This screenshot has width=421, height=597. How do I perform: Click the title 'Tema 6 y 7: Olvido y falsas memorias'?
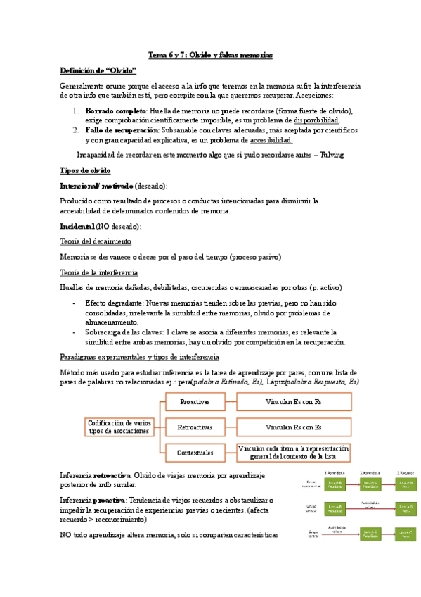210,54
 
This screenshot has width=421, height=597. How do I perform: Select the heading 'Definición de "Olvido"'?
98,70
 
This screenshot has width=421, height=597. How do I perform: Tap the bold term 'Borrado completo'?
115,111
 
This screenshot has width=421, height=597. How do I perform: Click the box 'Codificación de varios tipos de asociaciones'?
119,427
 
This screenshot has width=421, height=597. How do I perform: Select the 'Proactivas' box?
195,402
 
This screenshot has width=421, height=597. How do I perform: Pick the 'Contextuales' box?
195,451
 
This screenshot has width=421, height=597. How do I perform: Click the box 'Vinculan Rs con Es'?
294,427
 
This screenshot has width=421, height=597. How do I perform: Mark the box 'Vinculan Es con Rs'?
294,402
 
